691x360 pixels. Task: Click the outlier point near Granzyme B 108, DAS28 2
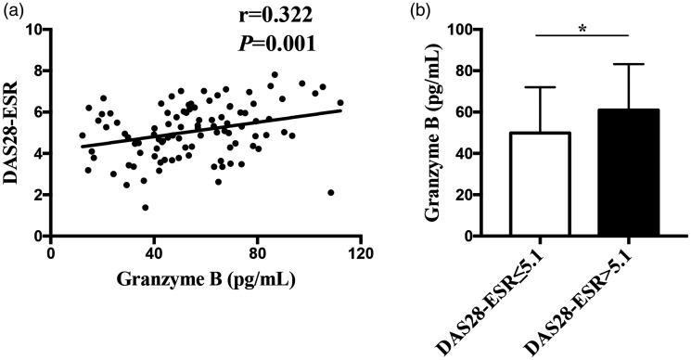coord(331,193)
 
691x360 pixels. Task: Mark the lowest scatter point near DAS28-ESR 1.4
coord(146,208)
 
